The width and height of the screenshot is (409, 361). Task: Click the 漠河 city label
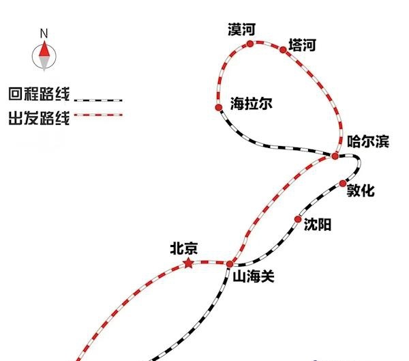pyautogui.click(x=241, y=29)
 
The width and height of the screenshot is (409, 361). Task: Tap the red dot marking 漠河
pyautogui.click(x=250, y=44)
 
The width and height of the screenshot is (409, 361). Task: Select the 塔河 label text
pyautogui.click(x=302, y=45)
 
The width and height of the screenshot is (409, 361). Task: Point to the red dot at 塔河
pyautogui.click(x=283, y=49)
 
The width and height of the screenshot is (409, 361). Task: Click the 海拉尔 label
pyautogui.click(x=251, y=104)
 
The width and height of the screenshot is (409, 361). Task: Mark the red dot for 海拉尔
pyautogui.click(x=219, y=107)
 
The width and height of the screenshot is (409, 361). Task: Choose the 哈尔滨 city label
pyautogui.click(x=368, y=141)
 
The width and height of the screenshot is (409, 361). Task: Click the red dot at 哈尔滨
pyautogui.click(x=335, y=156)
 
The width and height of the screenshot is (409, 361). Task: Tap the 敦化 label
pyautogui.click(x=361, y=190)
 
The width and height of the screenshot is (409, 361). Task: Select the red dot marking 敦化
pyautogui.click(x=343, y=184)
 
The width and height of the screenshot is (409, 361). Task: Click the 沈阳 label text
pyautogui.click(x=318, y=225)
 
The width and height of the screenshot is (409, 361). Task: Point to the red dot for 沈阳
pyautogui.click(x=298, y=219)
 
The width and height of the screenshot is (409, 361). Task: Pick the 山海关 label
pyautogui.click(x=254, y=276)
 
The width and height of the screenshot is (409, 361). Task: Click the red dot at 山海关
pyautogui.click(x=230, y=264)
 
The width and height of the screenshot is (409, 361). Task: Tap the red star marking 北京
pyautogui.click(x=188, y=263)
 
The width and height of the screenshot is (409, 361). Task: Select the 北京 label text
pyautogui.click(x=184, y=248)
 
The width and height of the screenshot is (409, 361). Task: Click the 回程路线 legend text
pyautogui.click(x=40, y=94)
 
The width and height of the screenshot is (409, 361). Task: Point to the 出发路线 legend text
pyautogui.click(x=40, y=118)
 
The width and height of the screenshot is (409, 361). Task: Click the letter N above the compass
pyautogui.click(x=44, y=33)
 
